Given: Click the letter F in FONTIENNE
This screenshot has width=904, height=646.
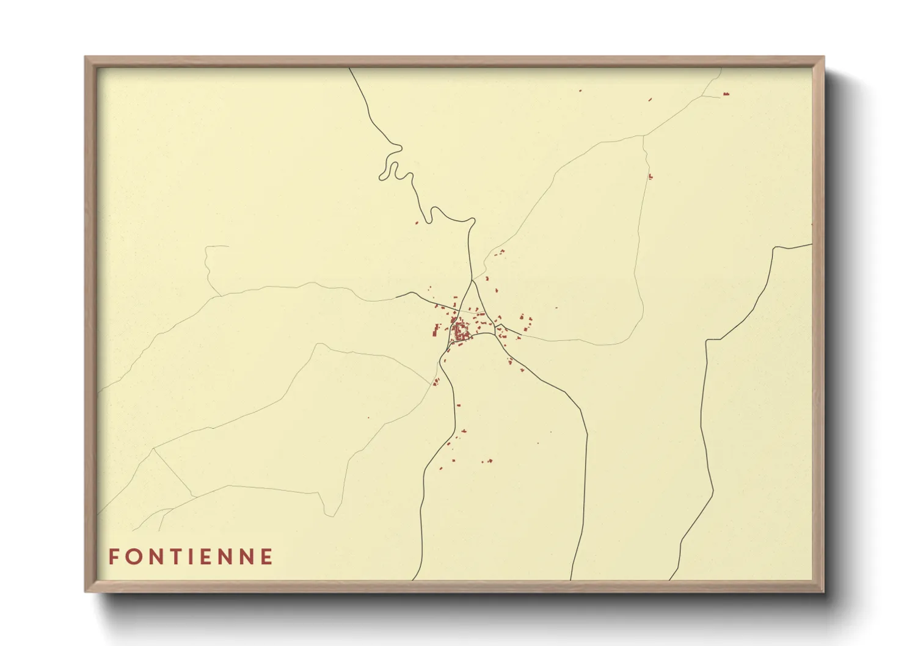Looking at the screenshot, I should (114, 556).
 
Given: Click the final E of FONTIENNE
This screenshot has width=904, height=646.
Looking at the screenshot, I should (266, 556).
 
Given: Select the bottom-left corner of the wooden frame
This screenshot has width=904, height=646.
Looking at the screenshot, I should (86, 591).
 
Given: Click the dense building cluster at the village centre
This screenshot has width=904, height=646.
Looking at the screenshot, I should (461, 332).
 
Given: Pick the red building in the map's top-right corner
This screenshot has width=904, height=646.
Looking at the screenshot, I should (726, 94).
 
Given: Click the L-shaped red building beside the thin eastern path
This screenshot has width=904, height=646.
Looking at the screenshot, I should (650, 176).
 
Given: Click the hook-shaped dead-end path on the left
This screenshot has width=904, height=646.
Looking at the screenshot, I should (211, 263).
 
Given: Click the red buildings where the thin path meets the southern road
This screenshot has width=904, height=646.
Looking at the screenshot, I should (436, 382).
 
